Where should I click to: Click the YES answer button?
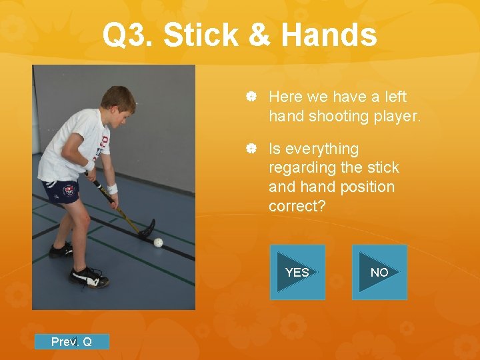297,272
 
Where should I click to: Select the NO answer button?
379,272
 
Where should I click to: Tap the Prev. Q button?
71,342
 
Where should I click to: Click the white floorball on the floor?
158,242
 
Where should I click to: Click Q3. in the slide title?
129,35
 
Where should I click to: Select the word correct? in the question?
297,206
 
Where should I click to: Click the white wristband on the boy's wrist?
113,189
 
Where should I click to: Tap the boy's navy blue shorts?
61,191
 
